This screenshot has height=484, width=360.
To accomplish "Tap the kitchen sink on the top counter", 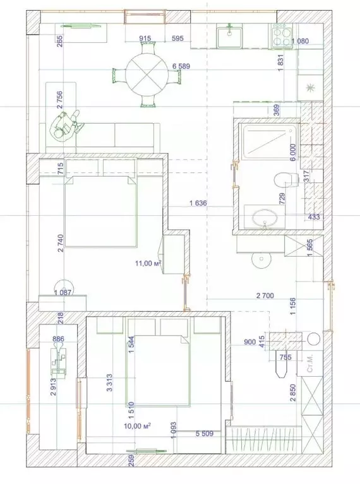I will click(228, 36).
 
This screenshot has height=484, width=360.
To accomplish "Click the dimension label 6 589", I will click(180, 66).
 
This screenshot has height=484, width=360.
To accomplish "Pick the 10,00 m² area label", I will click(138, 427).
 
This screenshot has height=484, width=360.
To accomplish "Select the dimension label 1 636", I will click(200, 204).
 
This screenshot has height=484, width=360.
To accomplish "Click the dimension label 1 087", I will click(63, 292).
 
